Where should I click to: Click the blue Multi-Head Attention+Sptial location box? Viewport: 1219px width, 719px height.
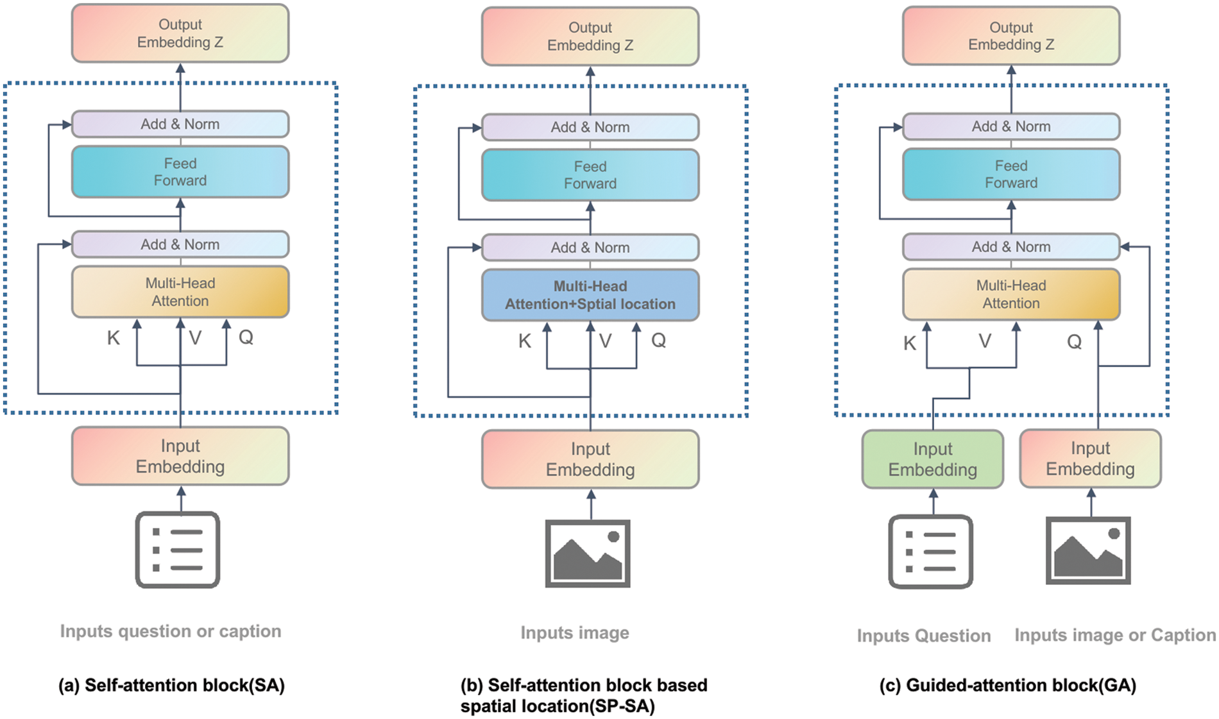590,295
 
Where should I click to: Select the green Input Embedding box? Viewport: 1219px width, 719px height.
932,459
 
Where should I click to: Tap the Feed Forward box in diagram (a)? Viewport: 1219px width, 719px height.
180,172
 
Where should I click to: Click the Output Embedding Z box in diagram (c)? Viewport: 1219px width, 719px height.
1010,36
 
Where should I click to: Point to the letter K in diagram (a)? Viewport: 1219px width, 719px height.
114,338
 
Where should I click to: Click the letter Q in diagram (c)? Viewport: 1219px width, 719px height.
1074,342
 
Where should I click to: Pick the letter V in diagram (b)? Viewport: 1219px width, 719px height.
605,341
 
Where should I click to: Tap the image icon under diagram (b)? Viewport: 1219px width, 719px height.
588,554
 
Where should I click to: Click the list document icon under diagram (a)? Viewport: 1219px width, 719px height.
178,550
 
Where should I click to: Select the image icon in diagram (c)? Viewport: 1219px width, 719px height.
1088,551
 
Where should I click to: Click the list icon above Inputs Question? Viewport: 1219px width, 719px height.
930,552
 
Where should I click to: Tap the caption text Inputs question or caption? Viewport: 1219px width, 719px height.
171,631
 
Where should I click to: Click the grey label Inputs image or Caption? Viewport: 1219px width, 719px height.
1114,635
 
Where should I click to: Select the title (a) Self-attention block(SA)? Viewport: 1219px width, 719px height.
171,685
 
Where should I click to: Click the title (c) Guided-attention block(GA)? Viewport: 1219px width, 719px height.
1007,685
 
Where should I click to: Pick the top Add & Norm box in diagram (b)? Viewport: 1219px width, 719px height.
590,127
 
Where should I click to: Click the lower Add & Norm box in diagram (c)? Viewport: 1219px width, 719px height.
1010,247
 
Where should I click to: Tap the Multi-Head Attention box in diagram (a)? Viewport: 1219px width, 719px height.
180,292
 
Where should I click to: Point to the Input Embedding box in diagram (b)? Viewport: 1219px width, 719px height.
590,459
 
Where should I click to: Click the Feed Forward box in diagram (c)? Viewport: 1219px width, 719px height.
1010,174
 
